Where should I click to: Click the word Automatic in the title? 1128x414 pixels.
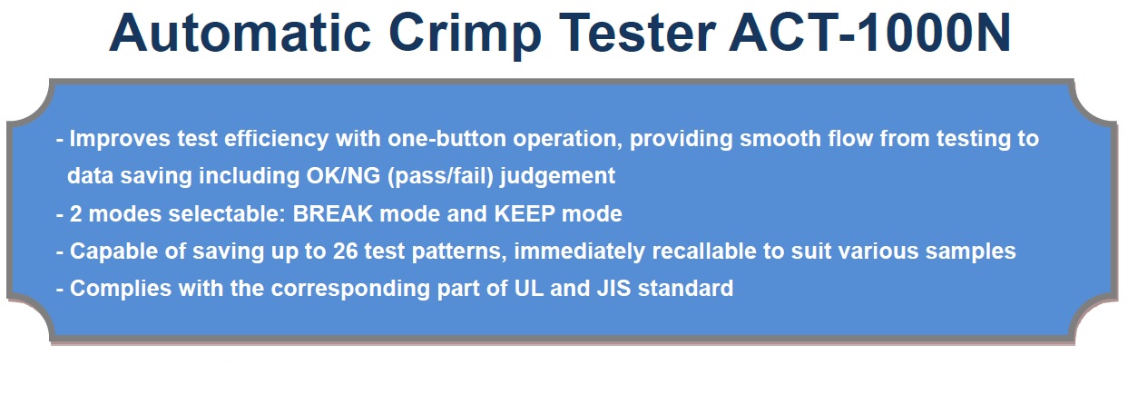(240, 33)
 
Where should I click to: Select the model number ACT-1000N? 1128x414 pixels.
(869, 33)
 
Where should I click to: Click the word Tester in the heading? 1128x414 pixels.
(637, 33)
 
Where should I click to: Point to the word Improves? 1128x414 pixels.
(120, 139)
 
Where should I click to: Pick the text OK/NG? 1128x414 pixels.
(343, 176)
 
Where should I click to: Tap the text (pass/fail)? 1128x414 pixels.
(441, 176)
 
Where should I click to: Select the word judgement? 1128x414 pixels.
(557, 177)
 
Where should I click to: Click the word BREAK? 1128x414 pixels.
(333, 213)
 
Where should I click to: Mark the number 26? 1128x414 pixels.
(345, 251)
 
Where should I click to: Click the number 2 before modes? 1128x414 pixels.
(75, 213)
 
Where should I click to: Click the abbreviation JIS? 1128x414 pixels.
(613, 289)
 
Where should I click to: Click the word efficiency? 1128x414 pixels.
(277, 140)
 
